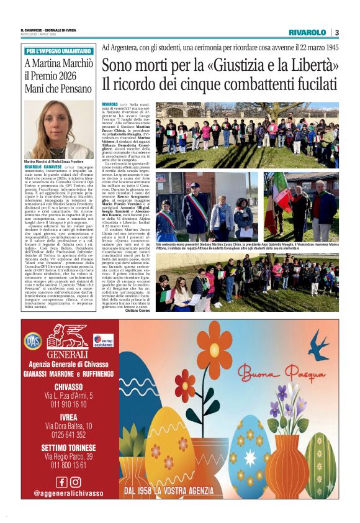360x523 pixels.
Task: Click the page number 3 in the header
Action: (337, 32)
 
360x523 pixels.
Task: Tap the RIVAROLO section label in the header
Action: (307, 32)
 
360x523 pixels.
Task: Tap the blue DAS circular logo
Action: (33, 340)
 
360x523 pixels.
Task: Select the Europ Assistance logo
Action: (102, 341)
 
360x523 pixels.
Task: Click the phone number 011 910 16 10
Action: (69, 404)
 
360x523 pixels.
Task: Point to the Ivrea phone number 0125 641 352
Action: (69, 434)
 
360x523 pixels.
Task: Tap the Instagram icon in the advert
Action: (76, 481)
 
